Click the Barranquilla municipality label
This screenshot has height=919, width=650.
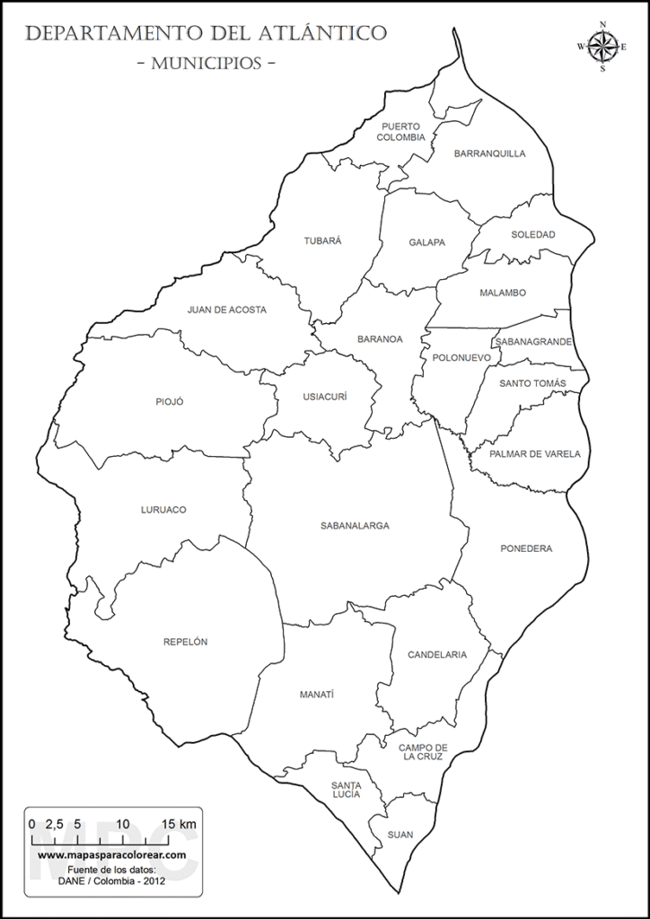click(x=489, y=153)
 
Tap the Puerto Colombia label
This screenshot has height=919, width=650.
click(x=400, y=132)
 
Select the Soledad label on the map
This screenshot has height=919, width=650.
click(x=533, y=235)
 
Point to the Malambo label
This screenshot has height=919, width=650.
click(x=503, y=293)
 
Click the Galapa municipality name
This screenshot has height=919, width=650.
click(x=427, y=242)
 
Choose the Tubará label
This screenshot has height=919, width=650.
click(x=323, y=241)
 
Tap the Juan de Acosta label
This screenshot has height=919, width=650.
click(x=227, y=310)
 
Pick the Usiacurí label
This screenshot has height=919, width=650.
click(x=324, y=397)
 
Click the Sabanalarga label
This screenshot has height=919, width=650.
click(x=355, y=526)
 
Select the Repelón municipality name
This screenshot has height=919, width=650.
click(x=186, y=642)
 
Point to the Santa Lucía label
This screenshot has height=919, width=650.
click(x=346, y=790)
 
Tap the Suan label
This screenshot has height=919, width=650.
click(x=400, y=835)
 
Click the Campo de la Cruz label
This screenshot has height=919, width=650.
click(x=424, y=752)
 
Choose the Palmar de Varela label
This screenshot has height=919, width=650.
click(x=535, y=454)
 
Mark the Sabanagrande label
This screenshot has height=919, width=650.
click(x=532, y=342)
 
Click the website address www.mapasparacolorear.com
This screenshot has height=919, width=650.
click(x=112, y=855)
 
